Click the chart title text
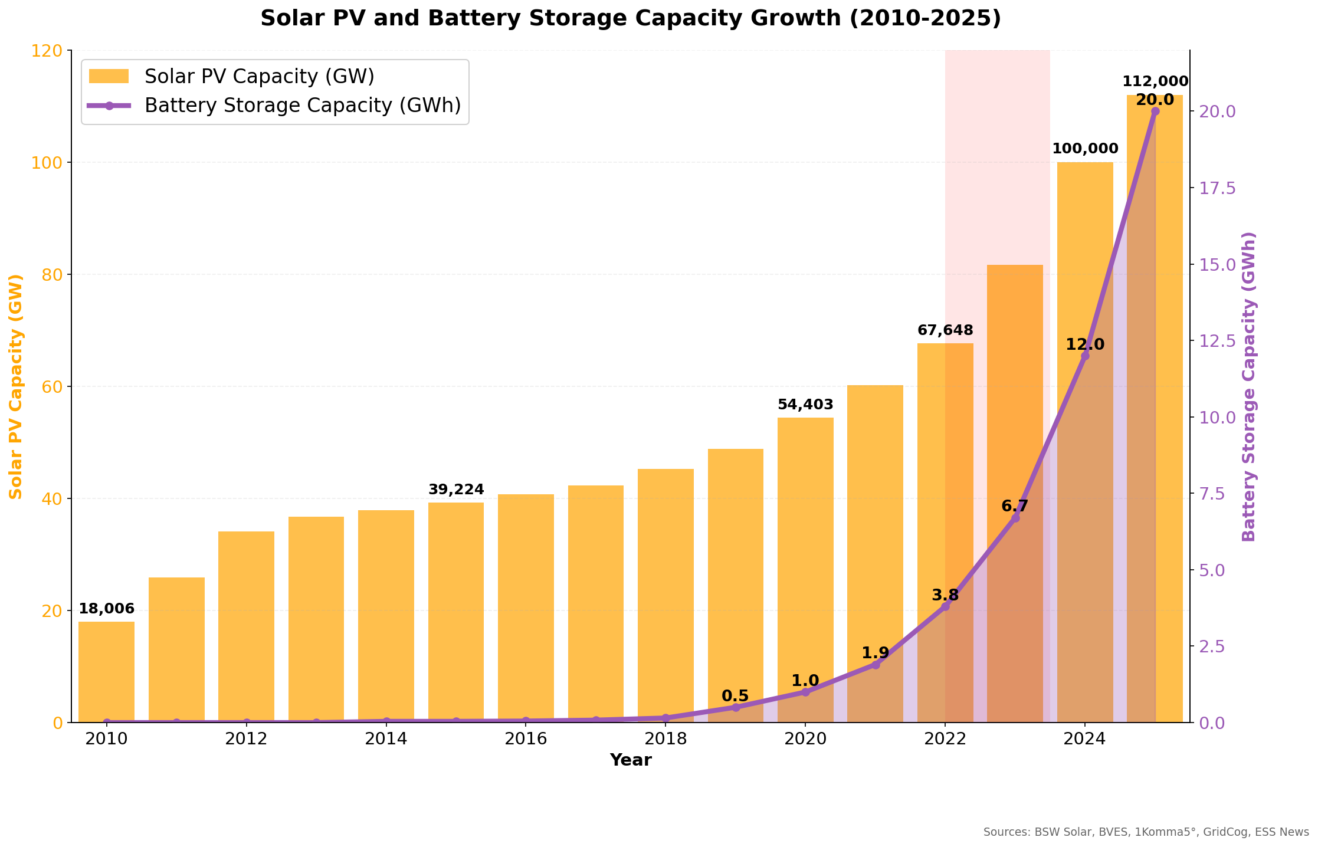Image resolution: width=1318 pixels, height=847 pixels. (x=630, y=18)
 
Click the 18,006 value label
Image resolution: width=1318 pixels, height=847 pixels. (x=107, y=609)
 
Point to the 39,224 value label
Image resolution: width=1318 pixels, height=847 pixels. (x=456, y=490)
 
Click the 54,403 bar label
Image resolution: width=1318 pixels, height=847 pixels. (x=805, y=405)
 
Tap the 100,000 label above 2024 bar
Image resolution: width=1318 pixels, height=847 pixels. (x=1085, y=149)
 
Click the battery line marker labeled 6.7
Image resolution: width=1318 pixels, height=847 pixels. (x=1015, y=518)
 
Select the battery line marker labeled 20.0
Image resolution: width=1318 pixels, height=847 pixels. (x=1155, y=111)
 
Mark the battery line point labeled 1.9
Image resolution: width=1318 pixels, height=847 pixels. (x=876, y=664)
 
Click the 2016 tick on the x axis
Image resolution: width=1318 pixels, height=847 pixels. (x=526, y=739)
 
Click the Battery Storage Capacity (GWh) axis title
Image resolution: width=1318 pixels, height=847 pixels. (x=1249, y=386)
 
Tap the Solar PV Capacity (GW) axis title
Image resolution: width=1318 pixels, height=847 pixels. (x=16, y=386)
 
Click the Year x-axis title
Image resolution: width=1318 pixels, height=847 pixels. (x=631, y=760)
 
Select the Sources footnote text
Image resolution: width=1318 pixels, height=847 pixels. (x=1146, y=832)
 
